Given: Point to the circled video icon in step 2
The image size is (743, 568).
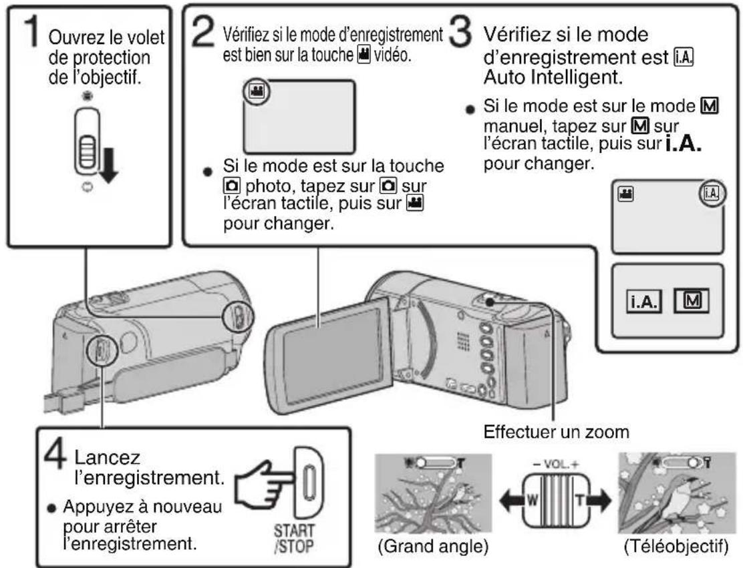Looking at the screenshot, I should pyautogui.click(x=255, y=93).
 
